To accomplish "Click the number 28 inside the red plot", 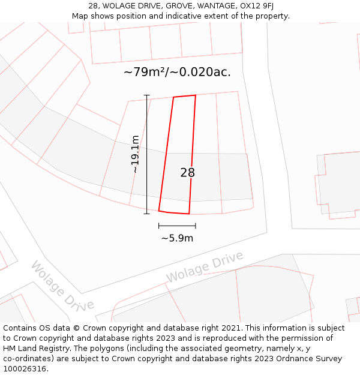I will tap(187, 173).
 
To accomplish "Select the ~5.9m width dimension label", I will tap(177, 238).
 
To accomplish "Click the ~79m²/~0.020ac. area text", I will tap(177, 72).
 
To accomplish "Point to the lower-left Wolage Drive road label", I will tap(62, 286).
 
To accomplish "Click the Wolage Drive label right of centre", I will tap(205, 267).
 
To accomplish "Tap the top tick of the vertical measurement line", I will tap(146, 95).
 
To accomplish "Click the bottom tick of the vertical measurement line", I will tap(146, 213).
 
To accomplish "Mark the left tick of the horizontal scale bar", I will tap(159, 226).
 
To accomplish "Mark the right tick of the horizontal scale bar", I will tap(196, 226).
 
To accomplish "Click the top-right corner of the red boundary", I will tap(196, 95).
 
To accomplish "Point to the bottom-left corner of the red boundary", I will tap(159, 211).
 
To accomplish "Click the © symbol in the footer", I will tap(76, 328).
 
